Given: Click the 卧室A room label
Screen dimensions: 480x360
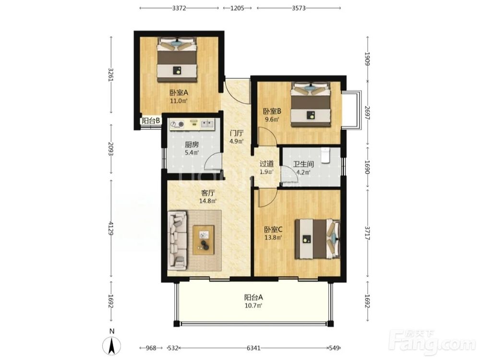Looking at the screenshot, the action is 179,93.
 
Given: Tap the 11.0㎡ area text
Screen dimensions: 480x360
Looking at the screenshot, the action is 179,101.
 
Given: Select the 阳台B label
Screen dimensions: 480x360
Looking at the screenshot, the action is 151,120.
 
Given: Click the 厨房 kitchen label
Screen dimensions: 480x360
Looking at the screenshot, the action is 192,144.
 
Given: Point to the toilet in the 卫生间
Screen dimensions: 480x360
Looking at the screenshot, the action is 325,155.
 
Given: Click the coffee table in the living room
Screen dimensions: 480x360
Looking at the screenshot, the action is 204,240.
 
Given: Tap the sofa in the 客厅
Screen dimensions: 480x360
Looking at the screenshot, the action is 177,240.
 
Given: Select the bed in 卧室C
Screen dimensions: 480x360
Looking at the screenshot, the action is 317,239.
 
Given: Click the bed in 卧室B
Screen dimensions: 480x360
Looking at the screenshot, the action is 311,104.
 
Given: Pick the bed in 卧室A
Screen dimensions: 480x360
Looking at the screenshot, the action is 177,60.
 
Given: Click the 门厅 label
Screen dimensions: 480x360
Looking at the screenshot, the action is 237,133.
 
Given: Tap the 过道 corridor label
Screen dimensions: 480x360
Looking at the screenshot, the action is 266,164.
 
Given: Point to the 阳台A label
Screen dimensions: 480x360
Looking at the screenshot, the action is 253,297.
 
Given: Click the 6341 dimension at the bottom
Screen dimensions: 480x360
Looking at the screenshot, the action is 253,348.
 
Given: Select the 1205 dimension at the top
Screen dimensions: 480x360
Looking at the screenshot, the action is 237,8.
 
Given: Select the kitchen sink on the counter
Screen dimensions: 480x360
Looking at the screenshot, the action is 207,124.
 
